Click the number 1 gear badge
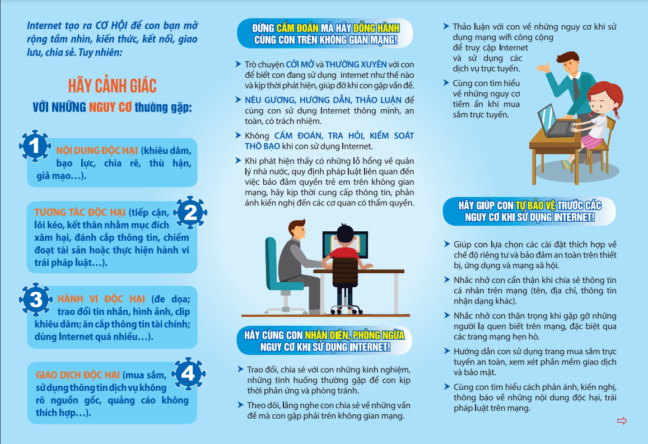(x=35, y=146)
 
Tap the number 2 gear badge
(x=190, y=212)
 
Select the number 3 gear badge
(x=35, y=299)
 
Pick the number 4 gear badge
(x=188, y=374)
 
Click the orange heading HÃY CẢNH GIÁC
(x=112, y=86)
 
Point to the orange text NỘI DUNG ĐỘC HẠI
(x=97, y=151)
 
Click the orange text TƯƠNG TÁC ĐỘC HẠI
(x=80, y=212)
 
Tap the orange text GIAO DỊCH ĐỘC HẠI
(x=78, y=375)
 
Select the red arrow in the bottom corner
(x=622, y=420)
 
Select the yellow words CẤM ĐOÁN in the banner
(x=297, y=28)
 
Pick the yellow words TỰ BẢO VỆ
(x=535, y=205)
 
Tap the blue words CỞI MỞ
(x=300, y=64)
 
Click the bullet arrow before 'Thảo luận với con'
(x=446, y=26)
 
